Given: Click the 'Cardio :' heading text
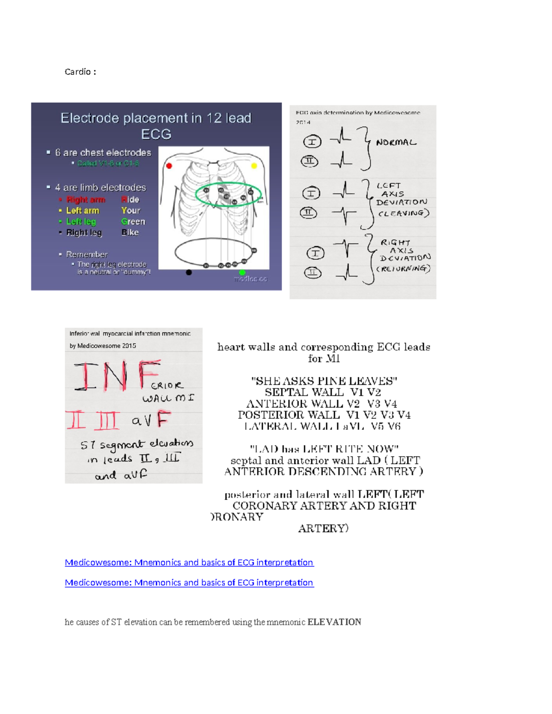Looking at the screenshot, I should [80, 72].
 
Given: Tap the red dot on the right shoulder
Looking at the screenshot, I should [169, 166].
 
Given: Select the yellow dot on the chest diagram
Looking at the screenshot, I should [253, 166].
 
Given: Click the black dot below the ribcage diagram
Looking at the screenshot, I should [189, 272].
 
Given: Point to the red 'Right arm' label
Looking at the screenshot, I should [86, 200].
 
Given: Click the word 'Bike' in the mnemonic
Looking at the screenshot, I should [130, 233].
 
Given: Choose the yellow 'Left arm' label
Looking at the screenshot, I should [82, 211].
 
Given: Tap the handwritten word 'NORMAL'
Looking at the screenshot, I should [396, 143].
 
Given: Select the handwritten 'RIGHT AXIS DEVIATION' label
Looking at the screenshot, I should [404, 255].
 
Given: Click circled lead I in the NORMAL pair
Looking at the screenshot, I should [312, 142].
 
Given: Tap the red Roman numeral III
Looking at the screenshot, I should [106, 420].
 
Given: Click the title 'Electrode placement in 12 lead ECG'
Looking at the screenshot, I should [156, 126].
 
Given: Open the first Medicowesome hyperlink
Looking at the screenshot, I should [189, 562].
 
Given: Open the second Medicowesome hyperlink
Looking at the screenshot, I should [189, 583].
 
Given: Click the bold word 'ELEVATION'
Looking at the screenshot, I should [334, 622].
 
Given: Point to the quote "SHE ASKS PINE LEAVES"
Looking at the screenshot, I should [324, 381].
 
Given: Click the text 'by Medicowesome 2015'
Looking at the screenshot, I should [103, 346].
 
